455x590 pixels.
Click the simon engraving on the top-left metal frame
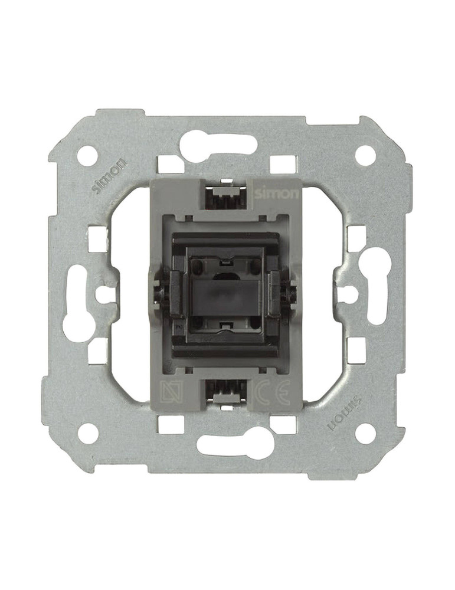pyautogui.click(x=109, y=176)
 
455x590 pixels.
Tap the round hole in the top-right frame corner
pyautogui.click(x=365, y=155)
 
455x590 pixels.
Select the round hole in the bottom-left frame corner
pyautogui.click(x=88, y=433)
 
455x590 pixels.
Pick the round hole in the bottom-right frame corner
pyautogui.click(x=365, y=433)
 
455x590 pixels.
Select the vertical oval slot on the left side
pyautogui.click(x=76, y=303)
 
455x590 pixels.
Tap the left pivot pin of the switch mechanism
pyautogui.click(x=159, y=293)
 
